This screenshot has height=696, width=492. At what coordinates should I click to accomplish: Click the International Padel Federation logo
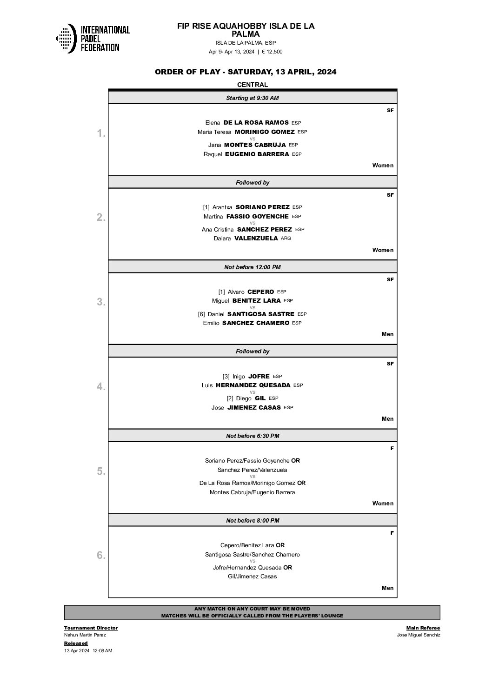[x=93, y=38]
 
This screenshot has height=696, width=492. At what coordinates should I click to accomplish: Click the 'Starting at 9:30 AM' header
[x=253, y=98]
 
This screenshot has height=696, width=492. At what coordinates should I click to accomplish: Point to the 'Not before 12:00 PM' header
[x=253, y=267]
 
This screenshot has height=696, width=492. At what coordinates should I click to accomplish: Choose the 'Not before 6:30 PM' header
[x=253, y=436]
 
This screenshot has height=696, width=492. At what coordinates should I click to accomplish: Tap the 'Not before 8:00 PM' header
[x=253, y=521]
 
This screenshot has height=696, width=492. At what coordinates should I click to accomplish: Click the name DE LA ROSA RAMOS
[x=256, y=123]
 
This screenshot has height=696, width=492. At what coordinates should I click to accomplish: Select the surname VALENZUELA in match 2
[x=256, y=239]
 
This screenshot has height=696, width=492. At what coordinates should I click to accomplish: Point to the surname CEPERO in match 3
[x=260, y=292]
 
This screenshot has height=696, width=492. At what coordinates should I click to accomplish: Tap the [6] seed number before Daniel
[x=201, y=314]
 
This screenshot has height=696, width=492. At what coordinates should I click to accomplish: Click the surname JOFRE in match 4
[x=259, y=377]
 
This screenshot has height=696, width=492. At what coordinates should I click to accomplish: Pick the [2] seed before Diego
[x=230, y=398]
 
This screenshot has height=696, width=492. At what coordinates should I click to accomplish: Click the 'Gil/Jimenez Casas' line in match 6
[x=253, y=577]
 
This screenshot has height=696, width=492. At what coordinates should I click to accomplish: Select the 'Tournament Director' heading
[x=91, y=628]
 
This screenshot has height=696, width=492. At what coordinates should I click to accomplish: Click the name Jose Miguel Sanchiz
[x=418, y=635]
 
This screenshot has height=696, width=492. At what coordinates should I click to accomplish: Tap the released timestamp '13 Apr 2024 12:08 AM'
[x=88, y=651]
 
